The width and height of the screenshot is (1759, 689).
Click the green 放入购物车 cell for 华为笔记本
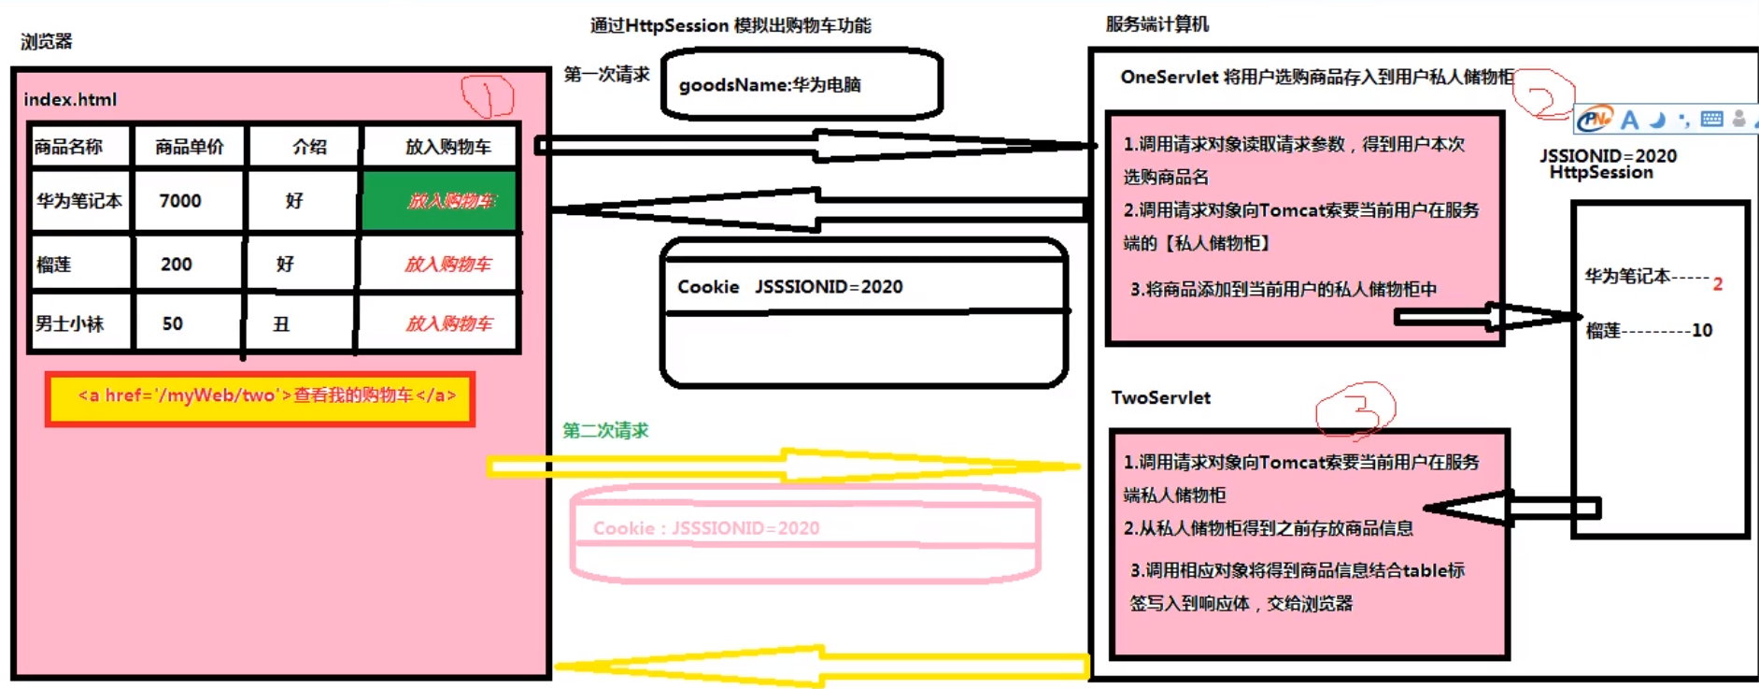pyautogui.click(x=439, y=200)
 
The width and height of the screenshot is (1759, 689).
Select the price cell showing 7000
pyautogui.click(x=180, y=201)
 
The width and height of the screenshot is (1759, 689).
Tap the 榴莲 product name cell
pyautogui.click(x=54, y=265)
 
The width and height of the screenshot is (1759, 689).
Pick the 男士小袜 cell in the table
pyautogui.click(x=70, y=323)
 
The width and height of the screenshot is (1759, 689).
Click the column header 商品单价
pyautogui.click(x=190, y=147)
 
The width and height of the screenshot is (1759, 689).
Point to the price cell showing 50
pyautogui.click(x=173, y=323)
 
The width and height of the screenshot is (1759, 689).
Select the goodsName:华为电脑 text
pyautogui.click(x=770, y=85)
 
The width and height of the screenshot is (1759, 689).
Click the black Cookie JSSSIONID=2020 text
pyautogui.click(x=789, y=287)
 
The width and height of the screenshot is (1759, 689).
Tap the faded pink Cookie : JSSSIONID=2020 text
pyautogui.click(x=706, y=528)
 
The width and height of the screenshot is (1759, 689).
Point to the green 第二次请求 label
pyautogui.click(x=605, y=430)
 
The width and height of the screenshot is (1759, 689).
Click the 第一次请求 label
pyautogui.click(x=606, y=75)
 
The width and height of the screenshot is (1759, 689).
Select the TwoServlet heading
pyautogui.click(x=1160, y=397)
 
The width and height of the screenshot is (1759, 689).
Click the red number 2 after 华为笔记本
pyautogui.click(x=1717, y=284)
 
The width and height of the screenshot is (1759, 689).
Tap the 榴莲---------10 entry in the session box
pyautogui.click(x=1649, y=330)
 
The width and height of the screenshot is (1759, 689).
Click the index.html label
pyautogui.click(x=70, y=99)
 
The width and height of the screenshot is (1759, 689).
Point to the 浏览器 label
pyautogui.click(x=47, y=41)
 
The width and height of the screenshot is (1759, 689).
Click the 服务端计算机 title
pyautogui.click(x=1156, y=24)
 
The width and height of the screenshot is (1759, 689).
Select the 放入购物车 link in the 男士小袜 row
pyautogui.click(x=448, y=323)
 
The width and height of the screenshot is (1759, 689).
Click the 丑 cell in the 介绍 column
pyautogui.click(x=281, y=324)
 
